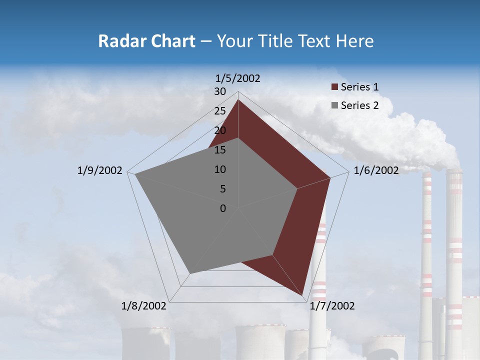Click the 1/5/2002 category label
238,78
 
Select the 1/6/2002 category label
376,170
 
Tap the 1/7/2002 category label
332,306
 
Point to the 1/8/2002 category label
144,306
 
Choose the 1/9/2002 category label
100,170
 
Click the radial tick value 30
220,91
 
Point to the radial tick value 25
220,111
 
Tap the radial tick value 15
220,150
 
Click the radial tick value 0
223,208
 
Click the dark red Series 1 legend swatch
334,87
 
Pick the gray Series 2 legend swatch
334,105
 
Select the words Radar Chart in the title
146,41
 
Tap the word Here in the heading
354,41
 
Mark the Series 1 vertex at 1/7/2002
302,295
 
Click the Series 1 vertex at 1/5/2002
238,99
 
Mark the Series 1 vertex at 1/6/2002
330,177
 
